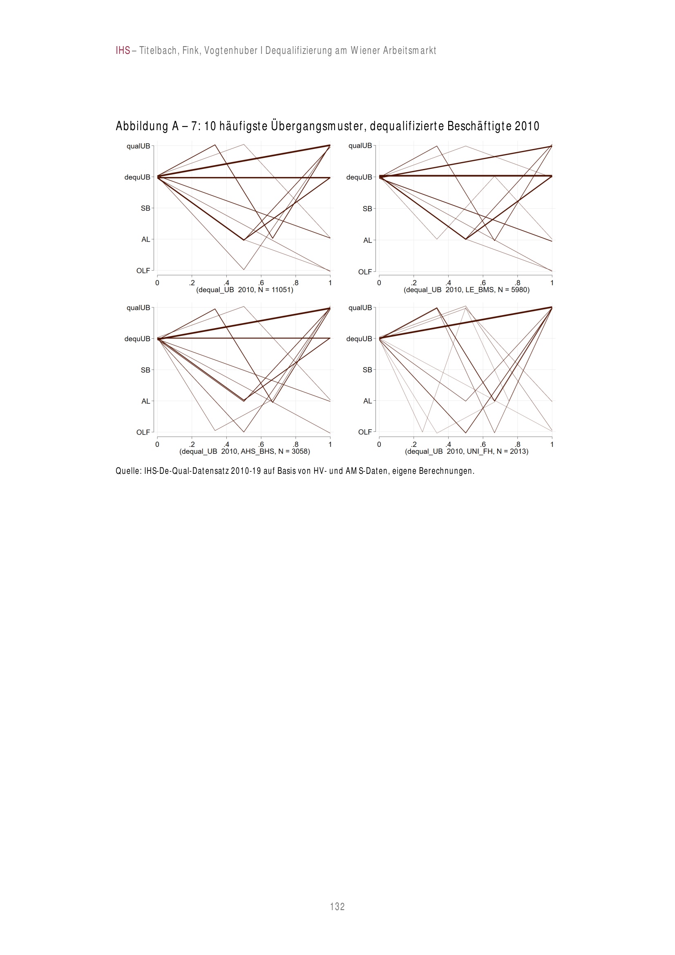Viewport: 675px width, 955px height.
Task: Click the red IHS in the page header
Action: [x=123, y=51]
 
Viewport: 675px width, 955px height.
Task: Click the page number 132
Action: [x=337, y=906]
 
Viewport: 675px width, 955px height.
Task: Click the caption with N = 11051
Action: [x=244, y=289]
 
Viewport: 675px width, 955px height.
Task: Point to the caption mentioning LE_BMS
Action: [x=466, y=289]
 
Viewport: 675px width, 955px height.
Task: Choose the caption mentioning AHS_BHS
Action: [x=244, y=451]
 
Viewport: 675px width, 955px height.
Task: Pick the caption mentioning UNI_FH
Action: [x=466, y=451]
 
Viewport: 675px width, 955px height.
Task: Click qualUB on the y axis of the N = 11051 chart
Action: [x=138, y=146]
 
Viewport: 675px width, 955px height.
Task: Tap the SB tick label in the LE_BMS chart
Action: [x=367, y=209]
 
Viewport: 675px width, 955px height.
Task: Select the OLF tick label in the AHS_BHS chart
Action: [x=143, y=432]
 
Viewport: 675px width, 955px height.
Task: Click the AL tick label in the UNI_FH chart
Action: [x=367, y=401]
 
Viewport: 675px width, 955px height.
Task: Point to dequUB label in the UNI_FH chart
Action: [x=359, y=339]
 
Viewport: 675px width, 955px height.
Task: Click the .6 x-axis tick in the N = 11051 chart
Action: [x=261, y=283]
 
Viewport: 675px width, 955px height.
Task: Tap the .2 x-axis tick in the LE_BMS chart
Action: [x=413, y=283]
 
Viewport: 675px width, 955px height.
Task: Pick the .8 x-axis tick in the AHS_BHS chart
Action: [x=296, y=444]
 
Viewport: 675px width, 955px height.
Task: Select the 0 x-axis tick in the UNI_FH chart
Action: [x=379, y=444]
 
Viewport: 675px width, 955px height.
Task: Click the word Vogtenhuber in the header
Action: [x=231, y=51]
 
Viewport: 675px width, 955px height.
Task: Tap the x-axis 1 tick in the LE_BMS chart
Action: [x=552, y=283]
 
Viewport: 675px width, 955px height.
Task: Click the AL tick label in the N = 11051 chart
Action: [x=145, y=239]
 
